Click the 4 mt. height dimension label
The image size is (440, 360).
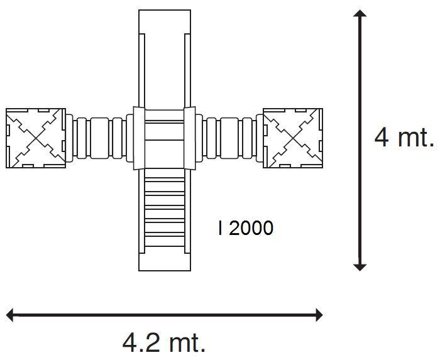[404, 138]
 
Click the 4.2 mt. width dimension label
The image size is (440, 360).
[163, 342]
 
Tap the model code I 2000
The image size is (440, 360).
[245, 227]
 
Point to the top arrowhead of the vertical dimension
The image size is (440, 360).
[360, 13]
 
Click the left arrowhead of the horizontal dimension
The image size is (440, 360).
[10, 315]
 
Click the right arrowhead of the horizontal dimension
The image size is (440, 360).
[319, 315]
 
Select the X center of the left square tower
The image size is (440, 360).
[36, 138]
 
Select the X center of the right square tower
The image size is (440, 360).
[293, 138]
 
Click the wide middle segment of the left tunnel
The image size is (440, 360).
[99, 138]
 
